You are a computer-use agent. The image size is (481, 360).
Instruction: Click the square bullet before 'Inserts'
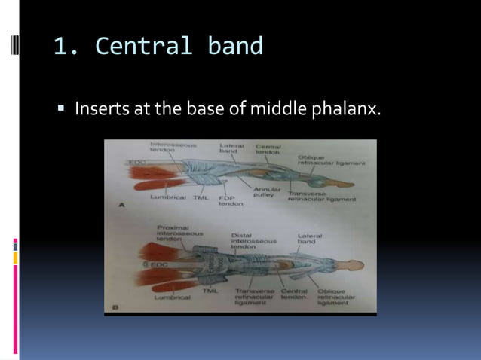(x=63, y=110)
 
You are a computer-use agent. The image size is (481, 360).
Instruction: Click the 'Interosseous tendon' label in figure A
(x=173, y=147)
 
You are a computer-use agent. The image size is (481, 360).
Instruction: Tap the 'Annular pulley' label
(x=266, y=191)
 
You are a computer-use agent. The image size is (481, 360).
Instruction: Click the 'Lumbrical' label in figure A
(x=168, y=197)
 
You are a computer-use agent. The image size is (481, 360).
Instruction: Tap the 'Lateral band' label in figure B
(x=309, y=239)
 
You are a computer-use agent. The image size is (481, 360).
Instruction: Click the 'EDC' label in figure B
(x=158, y=265)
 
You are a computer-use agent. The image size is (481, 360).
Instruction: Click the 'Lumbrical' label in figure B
(x=173, y=297)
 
